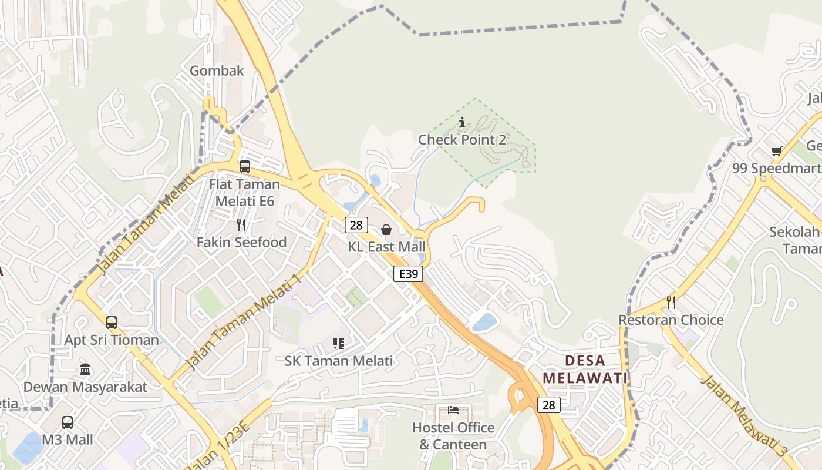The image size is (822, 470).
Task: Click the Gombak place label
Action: point(217,71)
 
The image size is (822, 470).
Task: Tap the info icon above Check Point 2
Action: point(462,123)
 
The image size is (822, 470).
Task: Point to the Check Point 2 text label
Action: point(462,140)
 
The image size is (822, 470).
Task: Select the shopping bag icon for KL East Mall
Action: point(386,230)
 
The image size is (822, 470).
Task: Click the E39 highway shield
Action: point(408,274)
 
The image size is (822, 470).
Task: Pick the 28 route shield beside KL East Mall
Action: point(356,225)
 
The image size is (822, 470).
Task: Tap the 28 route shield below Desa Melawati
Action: point(548,405)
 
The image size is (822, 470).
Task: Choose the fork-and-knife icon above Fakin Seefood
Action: point(241,224)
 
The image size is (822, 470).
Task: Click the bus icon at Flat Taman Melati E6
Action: point(245,167)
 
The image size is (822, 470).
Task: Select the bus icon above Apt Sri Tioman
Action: point(112,323)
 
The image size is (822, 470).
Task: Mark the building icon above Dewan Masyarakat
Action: point(85,370)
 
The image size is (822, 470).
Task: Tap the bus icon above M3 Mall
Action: point(68,422)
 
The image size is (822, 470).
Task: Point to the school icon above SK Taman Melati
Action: point(338,343)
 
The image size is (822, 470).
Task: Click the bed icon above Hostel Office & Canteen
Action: point(453,409)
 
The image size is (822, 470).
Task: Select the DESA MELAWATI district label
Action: point(585,370)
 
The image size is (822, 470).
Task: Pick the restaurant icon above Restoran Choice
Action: point(671,303)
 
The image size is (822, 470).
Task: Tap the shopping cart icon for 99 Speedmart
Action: point(777,152)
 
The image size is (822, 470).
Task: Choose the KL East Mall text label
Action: point(386,247)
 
